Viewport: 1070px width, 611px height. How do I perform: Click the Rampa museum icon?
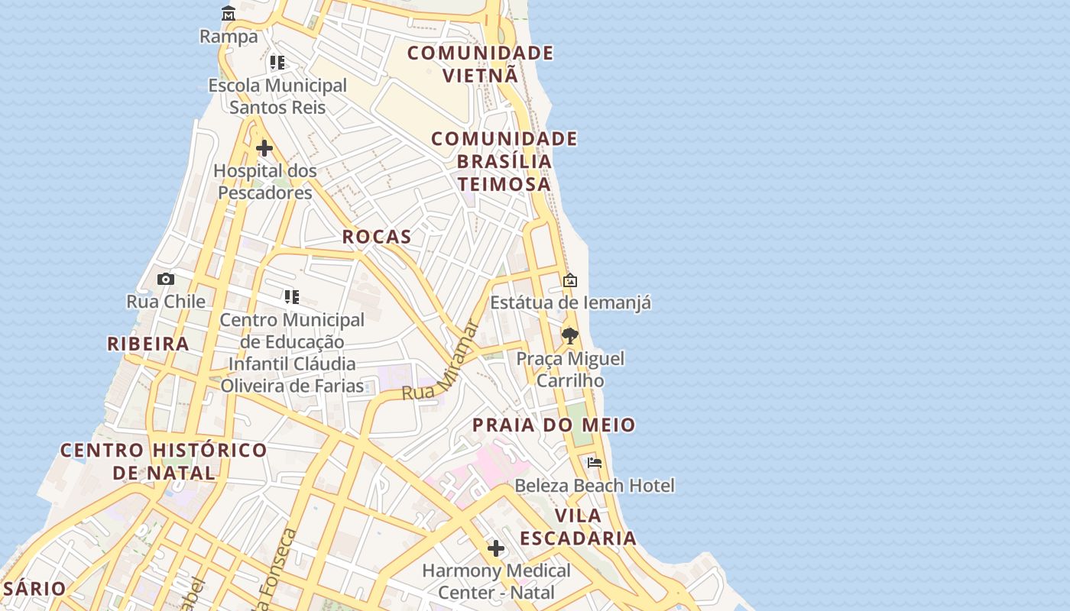(x=229, y=14)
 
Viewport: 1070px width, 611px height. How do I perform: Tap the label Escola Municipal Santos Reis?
(x=277, y=96)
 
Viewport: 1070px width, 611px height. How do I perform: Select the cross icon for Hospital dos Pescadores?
(x=264, y=147)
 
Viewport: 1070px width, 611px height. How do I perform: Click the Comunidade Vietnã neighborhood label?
(x=480, y=64)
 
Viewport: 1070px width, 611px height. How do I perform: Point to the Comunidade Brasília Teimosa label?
(x=504, y=161)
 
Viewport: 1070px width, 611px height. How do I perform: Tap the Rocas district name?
(x=377, y=237)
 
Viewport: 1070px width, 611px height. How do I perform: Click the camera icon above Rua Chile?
(x=166, y=280)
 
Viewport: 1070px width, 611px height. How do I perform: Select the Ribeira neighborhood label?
(x=148, y=344)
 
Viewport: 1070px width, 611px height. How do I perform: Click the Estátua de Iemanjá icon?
(x=570, y=281)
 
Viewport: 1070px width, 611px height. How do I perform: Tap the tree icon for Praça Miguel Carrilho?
(x=569, y=336)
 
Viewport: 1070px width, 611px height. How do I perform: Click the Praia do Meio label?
(x=553, y=425)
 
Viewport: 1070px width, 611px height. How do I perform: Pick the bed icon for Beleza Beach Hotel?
(x=595, y=463)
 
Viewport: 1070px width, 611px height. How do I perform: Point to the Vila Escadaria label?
(x=579, y=527)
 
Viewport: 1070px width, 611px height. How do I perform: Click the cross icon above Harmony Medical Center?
(x=496, y=548)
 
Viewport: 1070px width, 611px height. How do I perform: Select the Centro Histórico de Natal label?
(x=164, y=461)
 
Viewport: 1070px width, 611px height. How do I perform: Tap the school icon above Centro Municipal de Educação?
(x=291, y=297)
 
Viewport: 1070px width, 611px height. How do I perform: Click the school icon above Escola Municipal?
(x=277, y=63)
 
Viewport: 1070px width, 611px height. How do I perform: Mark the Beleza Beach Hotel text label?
(x=594, y=486)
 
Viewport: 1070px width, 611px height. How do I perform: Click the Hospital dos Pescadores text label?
(x=264, y=182)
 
